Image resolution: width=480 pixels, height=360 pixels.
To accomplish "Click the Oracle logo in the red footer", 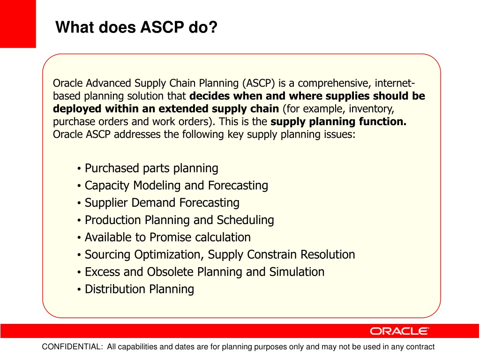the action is (x=399, y=331).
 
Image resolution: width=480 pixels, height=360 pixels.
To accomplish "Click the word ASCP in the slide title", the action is (x=162, y=27).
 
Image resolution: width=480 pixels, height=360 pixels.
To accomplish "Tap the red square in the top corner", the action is (x=18, y=24).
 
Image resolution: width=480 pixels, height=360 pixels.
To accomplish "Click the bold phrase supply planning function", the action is (x=338, y=121).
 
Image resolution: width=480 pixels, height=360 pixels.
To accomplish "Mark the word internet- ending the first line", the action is (x=395, y=83).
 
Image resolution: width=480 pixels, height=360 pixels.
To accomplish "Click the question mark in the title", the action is (x=213, y=27).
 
